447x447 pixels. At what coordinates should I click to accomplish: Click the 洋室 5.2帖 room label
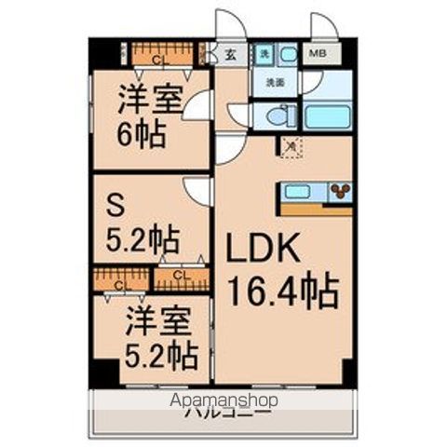(160, 337)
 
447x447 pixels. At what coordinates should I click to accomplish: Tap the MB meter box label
(318, 55)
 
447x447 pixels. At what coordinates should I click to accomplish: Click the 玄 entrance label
(230, 55)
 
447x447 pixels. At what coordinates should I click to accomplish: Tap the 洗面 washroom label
(274, 83)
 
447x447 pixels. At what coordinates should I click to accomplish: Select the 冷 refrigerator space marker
(291, 145)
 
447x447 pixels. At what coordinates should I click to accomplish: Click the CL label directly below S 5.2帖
(180, 275)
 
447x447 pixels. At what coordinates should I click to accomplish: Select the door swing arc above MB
(323, 26)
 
